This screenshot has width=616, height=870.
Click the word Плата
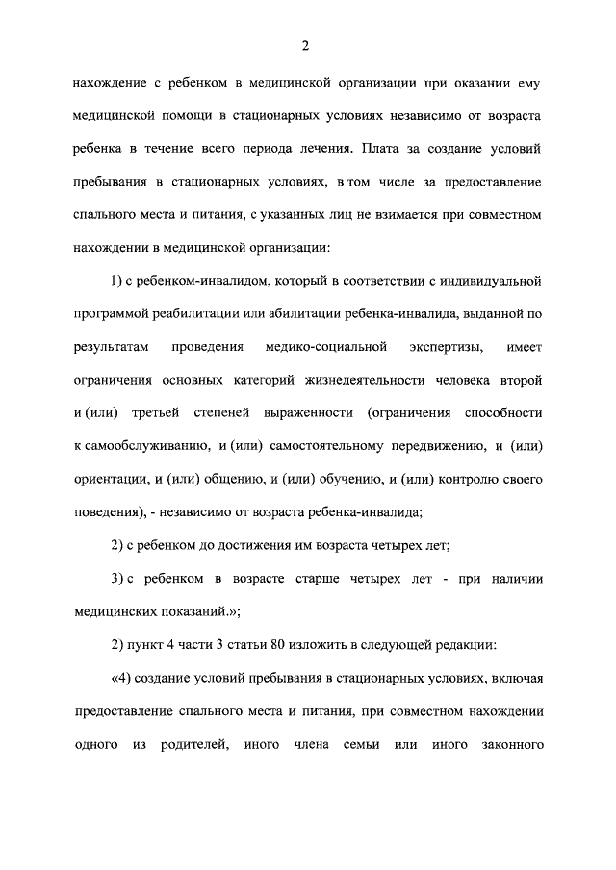pos(387,149)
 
